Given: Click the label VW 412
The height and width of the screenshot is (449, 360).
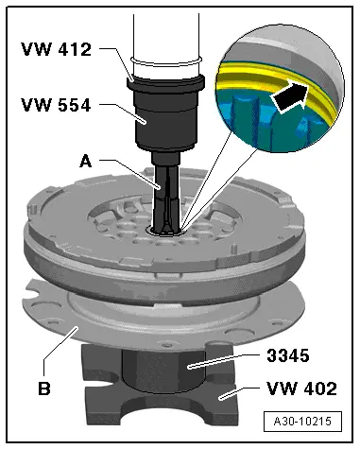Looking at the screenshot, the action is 56,49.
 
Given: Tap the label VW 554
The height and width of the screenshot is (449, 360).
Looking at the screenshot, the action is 56,105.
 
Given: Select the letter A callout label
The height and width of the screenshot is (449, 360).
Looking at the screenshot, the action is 86,162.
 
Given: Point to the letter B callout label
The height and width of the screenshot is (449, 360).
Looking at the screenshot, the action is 44,389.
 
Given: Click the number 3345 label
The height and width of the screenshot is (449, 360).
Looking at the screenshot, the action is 288,355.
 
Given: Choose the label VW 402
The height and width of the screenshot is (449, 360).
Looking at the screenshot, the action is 301,389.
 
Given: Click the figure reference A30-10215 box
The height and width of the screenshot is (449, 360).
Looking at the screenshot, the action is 302,422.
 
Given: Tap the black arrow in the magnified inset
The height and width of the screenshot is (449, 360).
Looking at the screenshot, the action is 290,97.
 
